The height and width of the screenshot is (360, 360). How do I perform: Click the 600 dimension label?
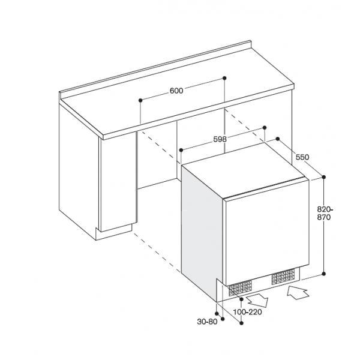[x=176, y=91]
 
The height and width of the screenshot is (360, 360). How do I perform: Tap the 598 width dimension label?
[x=220, y=139]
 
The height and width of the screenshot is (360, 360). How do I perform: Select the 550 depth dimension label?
[x=302, y=157]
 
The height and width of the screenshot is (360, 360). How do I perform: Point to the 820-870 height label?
[x=325, y=213]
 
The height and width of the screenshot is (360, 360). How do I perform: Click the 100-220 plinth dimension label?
[x=247, y=312]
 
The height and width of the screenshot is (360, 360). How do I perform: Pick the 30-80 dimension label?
[x=207, y=322]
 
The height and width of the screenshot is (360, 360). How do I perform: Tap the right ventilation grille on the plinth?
[x=283, y=277]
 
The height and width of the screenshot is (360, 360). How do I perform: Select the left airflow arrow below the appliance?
[x=257, y=301]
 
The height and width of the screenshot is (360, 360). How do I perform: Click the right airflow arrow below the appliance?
[x=298, y=292]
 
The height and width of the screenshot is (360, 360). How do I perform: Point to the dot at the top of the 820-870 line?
[x=324, y=177]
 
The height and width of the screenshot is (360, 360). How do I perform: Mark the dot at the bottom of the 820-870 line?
[x=324, y=274]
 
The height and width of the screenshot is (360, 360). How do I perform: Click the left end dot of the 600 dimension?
[x=140, y=100]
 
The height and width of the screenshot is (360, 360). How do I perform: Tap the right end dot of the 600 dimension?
[x=224, y=78]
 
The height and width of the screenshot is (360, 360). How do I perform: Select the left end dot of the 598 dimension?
[x=181, y=150]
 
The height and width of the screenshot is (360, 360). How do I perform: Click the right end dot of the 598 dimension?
[x=265, y=127]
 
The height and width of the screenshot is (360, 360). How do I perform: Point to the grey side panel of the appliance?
[x=202, y=232]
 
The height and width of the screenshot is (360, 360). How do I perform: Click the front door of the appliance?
[x=266, y=232]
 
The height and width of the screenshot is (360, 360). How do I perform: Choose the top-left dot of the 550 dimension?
[x=278, y=139]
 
